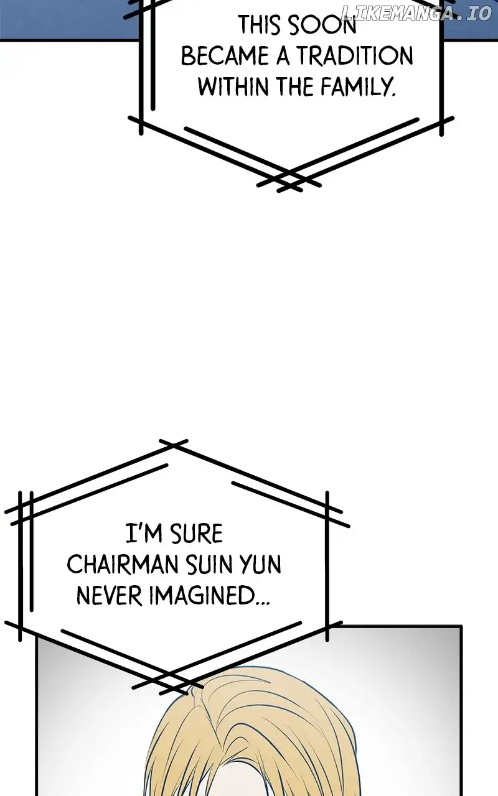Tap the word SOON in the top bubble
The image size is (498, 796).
click(x=324, y=25)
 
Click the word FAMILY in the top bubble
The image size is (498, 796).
click(x=362, y=86)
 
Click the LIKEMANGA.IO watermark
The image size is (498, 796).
click(x=416, y=13)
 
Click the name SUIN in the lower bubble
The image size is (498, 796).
click(x=209, y=565)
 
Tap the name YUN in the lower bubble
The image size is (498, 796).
click(x=260, y=565)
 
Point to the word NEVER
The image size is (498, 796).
click(x=109, y=596)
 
